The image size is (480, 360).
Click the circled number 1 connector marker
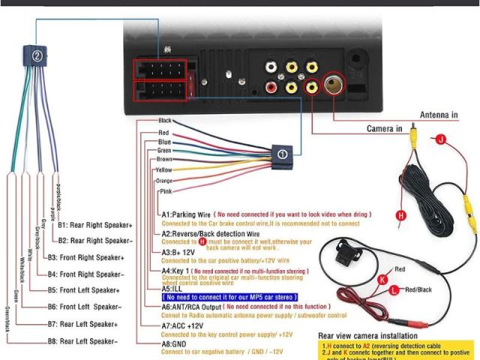[x=281, y=154]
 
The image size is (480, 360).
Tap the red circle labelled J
[x=440, y=139]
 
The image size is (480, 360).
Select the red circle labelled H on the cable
[x=400, y=215]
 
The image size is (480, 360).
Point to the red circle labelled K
[x=383, y=280]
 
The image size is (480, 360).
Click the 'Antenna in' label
[x=439, y=115]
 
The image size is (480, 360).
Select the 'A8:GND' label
[x=175, y=343]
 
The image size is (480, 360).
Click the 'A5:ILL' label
[x=172, y=288]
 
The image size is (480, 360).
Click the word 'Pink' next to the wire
[x=166, y=192]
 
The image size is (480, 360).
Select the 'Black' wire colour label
[x=165, y=121]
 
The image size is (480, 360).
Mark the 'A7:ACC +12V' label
[x=182, y=326]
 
